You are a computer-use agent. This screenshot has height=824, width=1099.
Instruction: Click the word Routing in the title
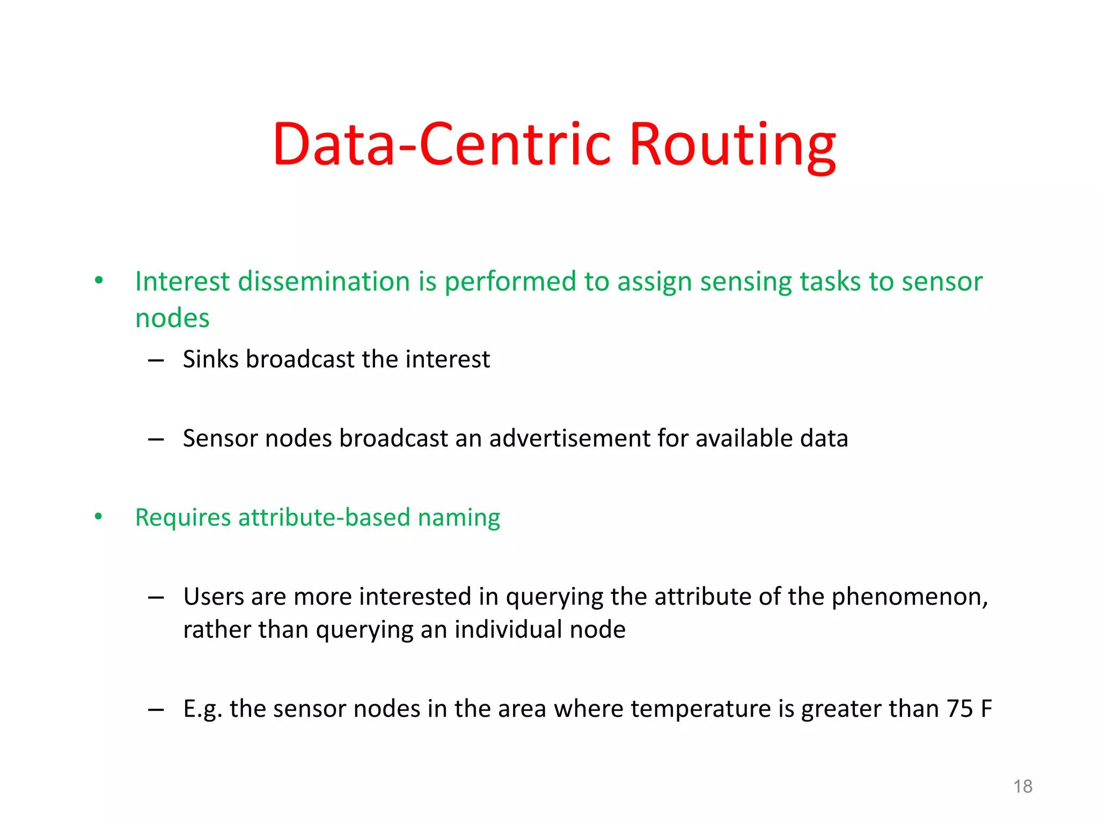[x=732, y=145]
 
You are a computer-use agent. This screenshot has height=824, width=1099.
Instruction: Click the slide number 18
[x=1022, y=786]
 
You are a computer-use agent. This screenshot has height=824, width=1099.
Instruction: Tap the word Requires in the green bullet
[x=183, y=518]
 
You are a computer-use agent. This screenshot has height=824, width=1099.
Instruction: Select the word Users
[x=213, y=597]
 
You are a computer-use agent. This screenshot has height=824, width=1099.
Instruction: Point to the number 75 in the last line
[x=959, y=709]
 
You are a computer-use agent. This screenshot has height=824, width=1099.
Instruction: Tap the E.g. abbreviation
[x=202, y=709]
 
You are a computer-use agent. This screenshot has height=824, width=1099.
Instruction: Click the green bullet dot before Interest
[x=99, y=280]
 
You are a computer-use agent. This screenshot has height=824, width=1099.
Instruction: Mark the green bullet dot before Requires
[x=99, y=517]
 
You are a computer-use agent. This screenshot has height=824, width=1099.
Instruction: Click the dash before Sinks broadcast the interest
[x=156, y=360]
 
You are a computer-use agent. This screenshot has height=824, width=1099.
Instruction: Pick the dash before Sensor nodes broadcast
[x=156, y=440]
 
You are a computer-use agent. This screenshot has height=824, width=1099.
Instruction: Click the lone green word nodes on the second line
[x=172, y=319]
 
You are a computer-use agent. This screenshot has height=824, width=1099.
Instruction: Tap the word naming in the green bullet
[x=459, y=518]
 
